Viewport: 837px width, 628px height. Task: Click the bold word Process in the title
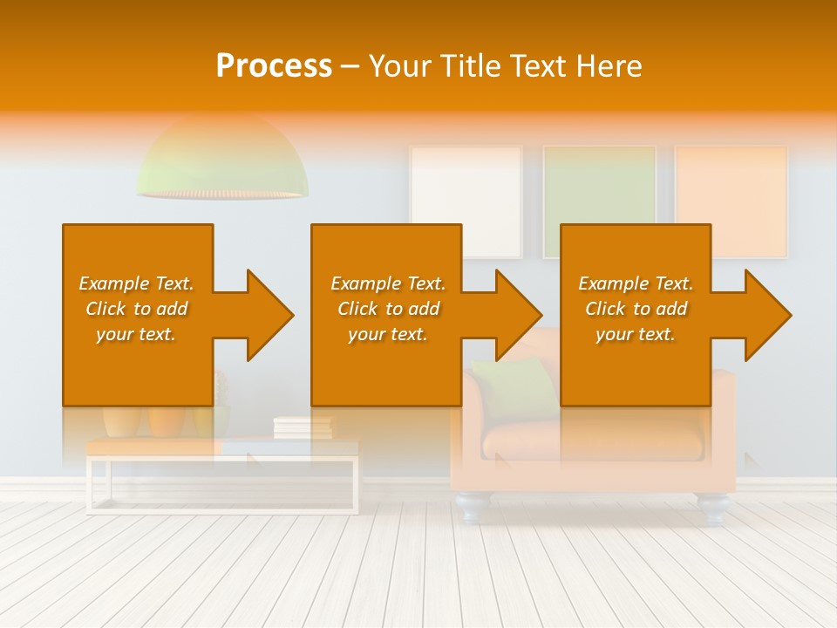(x=274, y=66)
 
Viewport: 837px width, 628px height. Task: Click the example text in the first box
(x=137, y=309)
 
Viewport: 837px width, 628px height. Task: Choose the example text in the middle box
(x=388, y=309)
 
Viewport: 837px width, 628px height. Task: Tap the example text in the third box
(x=636, y=309)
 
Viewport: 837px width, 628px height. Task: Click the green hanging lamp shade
(x=221, y=161)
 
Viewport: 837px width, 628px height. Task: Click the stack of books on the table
(x=303, y=427)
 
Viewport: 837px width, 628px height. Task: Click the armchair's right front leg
(x=712, y=509)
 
